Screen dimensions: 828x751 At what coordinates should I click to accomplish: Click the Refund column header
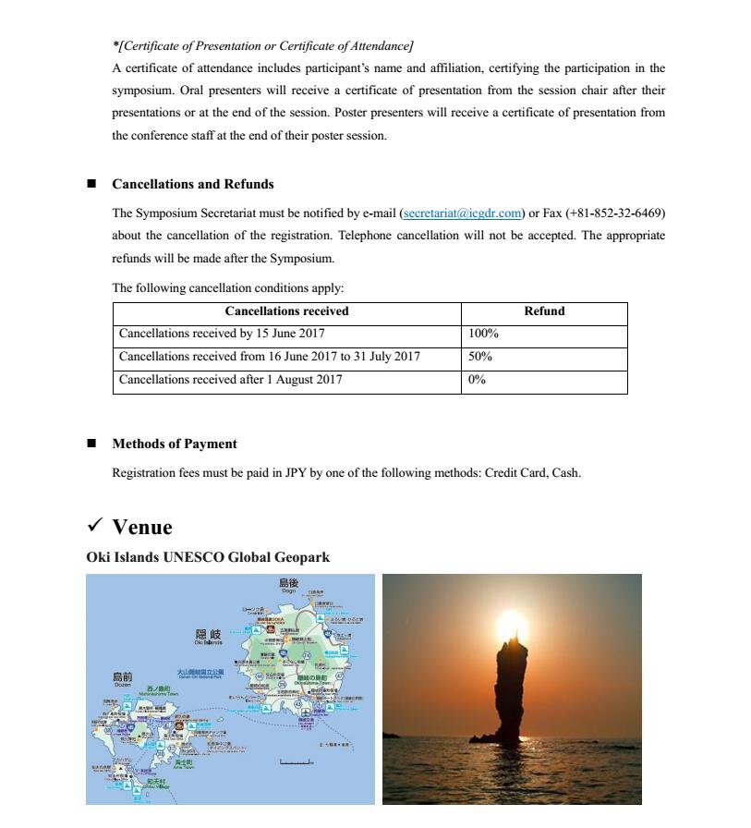[544, 311]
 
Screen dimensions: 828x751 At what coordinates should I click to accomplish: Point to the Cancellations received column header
[286, 311]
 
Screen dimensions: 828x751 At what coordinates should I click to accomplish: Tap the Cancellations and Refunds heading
[193, 184]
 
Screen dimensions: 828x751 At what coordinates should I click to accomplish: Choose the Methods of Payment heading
[175, 444]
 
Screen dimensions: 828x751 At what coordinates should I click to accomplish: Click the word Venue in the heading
[142, 527]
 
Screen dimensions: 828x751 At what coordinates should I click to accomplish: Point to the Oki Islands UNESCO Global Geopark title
[208, 557]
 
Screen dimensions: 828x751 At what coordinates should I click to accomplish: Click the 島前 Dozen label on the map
[123, 679]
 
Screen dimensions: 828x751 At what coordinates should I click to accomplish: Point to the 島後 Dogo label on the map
[288, 584]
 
